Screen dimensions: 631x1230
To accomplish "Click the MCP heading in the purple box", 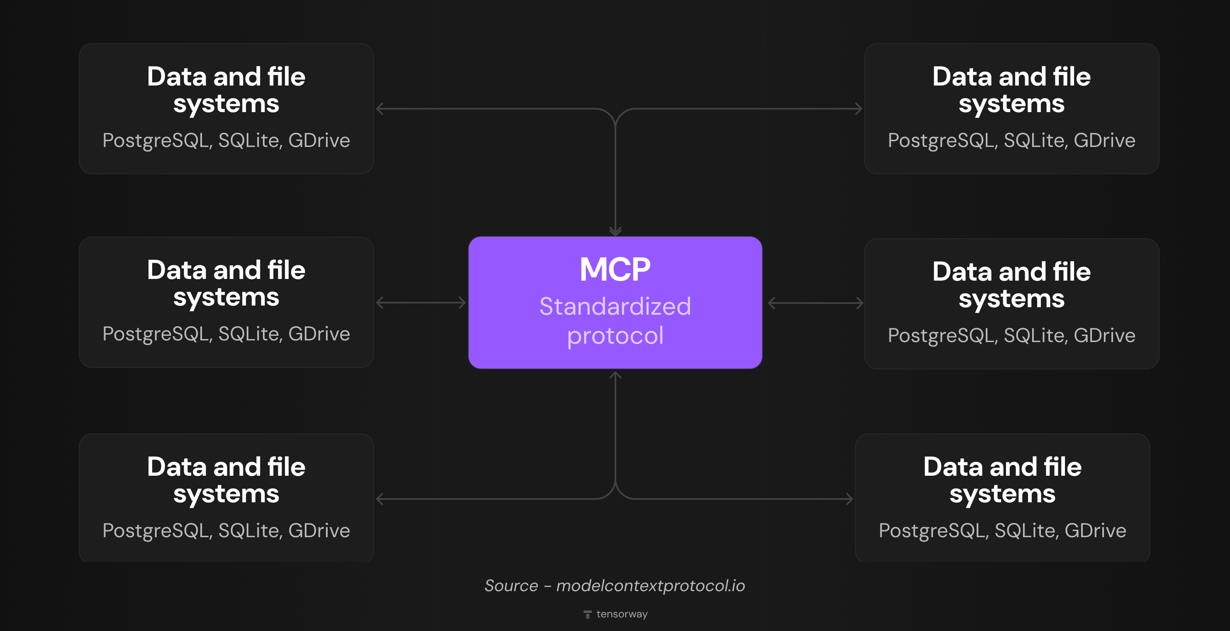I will point(615,269).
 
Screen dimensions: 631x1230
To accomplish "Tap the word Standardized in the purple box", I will point(615,306).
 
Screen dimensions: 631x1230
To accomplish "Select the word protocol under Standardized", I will point(615,335).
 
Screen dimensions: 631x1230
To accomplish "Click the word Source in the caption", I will point(511,586).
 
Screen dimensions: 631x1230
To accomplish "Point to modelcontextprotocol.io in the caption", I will point(650,586).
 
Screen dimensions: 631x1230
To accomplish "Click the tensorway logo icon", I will point(587,614).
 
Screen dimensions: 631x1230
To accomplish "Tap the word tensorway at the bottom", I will point(622,614).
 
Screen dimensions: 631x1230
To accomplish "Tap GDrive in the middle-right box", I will point(1104,335).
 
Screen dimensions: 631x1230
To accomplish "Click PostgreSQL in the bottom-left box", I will point(155,531).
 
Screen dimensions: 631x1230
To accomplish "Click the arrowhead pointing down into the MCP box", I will point(615,231).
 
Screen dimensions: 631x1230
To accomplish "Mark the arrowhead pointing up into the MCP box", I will point(615,376).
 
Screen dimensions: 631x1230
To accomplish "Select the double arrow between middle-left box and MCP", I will point(421,303).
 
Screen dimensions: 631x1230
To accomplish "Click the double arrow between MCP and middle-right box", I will point(815,303).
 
